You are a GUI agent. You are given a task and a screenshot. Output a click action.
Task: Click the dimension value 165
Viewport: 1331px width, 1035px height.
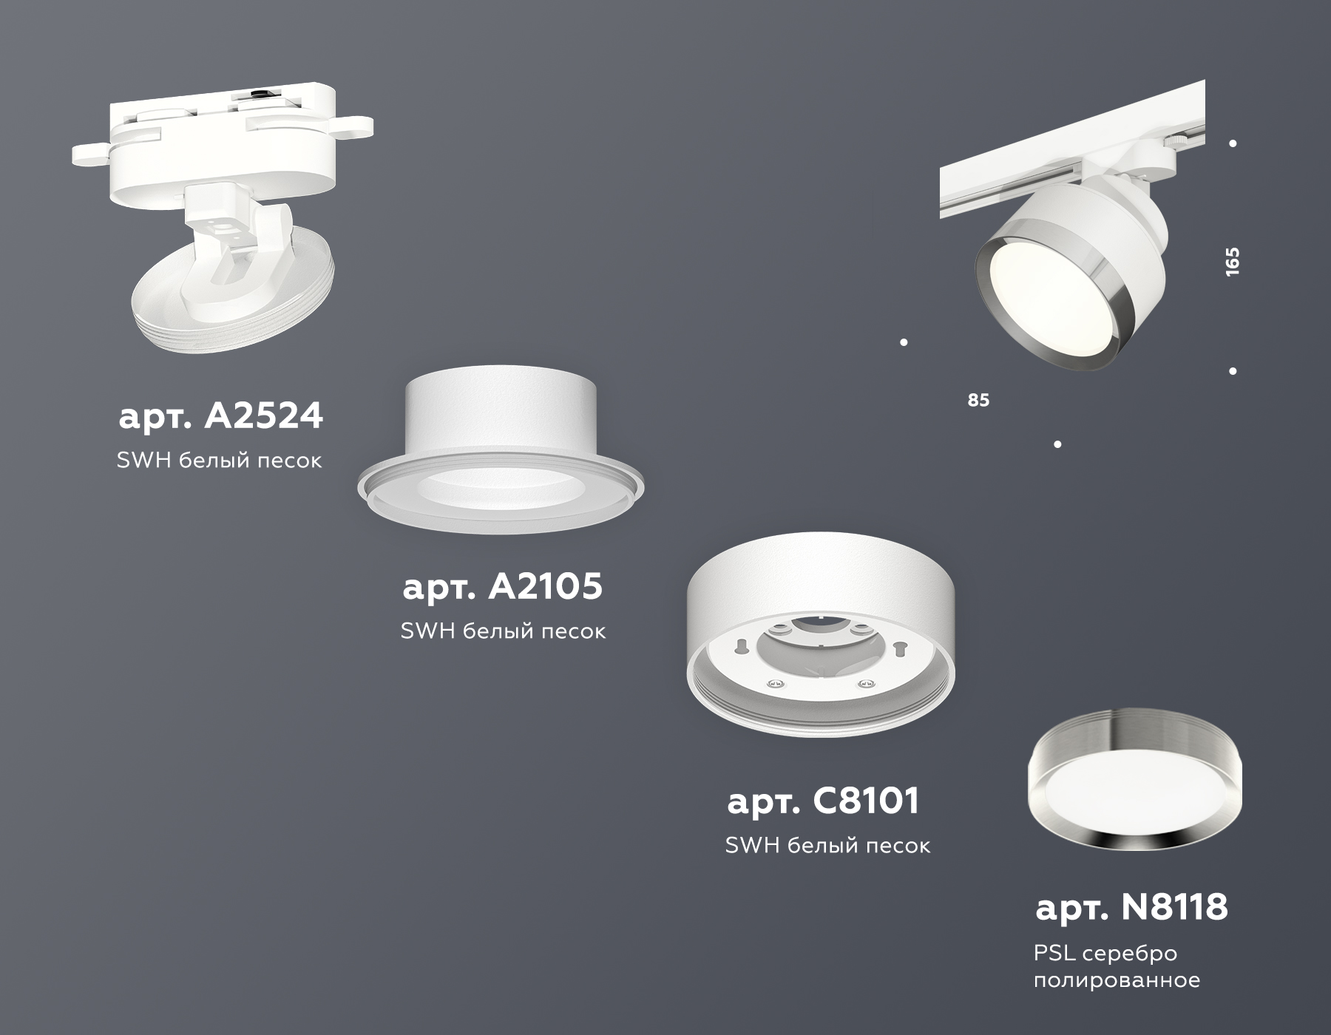(x=1232, y=262)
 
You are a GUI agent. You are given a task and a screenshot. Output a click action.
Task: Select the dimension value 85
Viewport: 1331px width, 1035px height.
(x=978, y=401)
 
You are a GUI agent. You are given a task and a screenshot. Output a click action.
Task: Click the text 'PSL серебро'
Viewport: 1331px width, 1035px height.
(x=1105, y=954)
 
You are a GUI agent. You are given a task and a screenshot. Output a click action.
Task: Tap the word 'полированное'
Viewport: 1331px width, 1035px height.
(x=1116, y=981)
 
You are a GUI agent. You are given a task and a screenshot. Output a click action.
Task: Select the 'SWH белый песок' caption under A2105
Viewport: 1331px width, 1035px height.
(x=503, y=631)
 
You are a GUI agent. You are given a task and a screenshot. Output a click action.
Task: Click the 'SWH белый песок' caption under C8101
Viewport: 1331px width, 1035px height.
(x=827, y=846)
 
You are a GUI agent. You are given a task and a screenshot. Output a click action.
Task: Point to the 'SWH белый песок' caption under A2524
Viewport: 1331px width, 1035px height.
(x=220, y=461)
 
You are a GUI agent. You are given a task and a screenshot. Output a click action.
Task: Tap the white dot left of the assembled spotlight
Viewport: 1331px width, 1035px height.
(x=904, y=342)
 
